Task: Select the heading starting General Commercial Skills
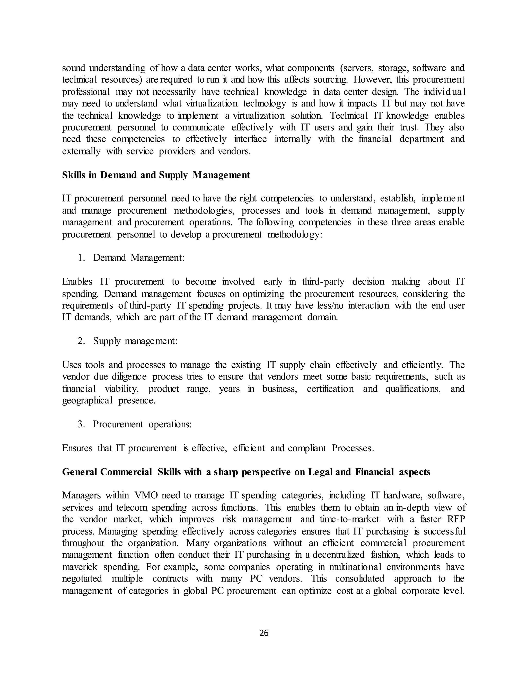pyautogui.click(x=246, y=472)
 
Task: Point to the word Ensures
pyautogui.click(x=77, y=448)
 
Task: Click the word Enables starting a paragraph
pyautogui.click(x=77, y=282)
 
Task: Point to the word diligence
pyautogui.click(x=129, y=377)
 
